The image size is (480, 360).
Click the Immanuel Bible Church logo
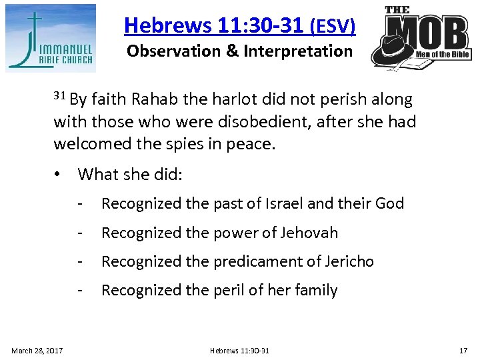tap(51, 38)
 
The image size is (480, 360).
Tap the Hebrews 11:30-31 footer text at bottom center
tap(239, 349)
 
